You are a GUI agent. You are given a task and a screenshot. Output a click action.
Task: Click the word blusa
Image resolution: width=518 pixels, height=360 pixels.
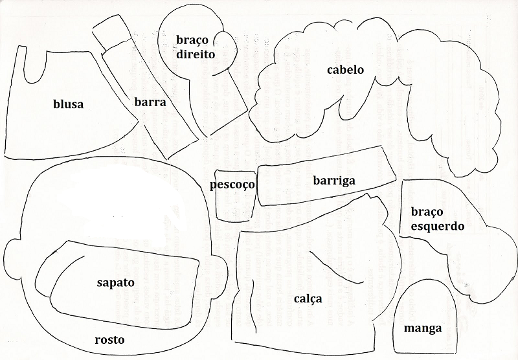point(69,104)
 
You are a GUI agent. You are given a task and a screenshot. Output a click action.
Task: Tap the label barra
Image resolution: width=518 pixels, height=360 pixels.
point(150,102)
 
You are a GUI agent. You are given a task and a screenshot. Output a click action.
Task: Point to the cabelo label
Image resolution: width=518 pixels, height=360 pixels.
point(345,70)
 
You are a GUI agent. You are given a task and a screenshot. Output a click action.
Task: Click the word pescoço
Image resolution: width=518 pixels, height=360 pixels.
point(232,185)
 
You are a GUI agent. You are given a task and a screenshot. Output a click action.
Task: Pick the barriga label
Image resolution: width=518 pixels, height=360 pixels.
point(334,181)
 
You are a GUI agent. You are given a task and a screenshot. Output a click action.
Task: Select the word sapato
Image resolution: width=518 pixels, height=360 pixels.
point(116,283)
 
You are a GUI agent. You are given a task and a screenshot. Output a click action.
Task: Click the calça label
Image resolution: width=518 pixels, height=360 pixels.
point(308,299)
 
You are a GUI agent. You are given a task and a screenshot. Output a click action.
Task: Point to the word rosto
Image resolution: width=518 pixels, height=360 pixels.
point(109,340)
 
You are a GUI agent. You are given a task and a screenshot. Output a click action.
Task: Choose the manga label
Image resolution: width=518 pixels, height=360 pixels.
point(423,329)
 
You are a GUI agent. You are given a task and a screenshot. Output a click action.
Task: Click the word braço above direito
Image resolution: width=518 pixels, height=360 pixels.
point(192,40)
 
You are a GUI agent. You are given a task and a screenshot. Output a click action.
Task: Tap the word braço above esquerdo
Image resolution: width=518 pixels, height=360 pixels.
point(427,212)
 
